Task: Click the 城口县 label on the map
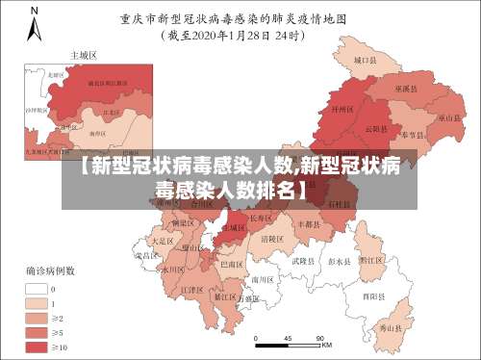point(363,60)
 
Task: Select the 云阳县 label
point(376,129)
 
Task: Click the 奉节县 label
point(415,135)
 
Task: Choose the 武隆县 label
point(301,261)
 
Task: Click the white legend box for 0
point(39,287)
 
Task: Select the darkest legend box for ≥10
point(39,345)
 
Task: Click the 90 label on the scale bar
point(316,337)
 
